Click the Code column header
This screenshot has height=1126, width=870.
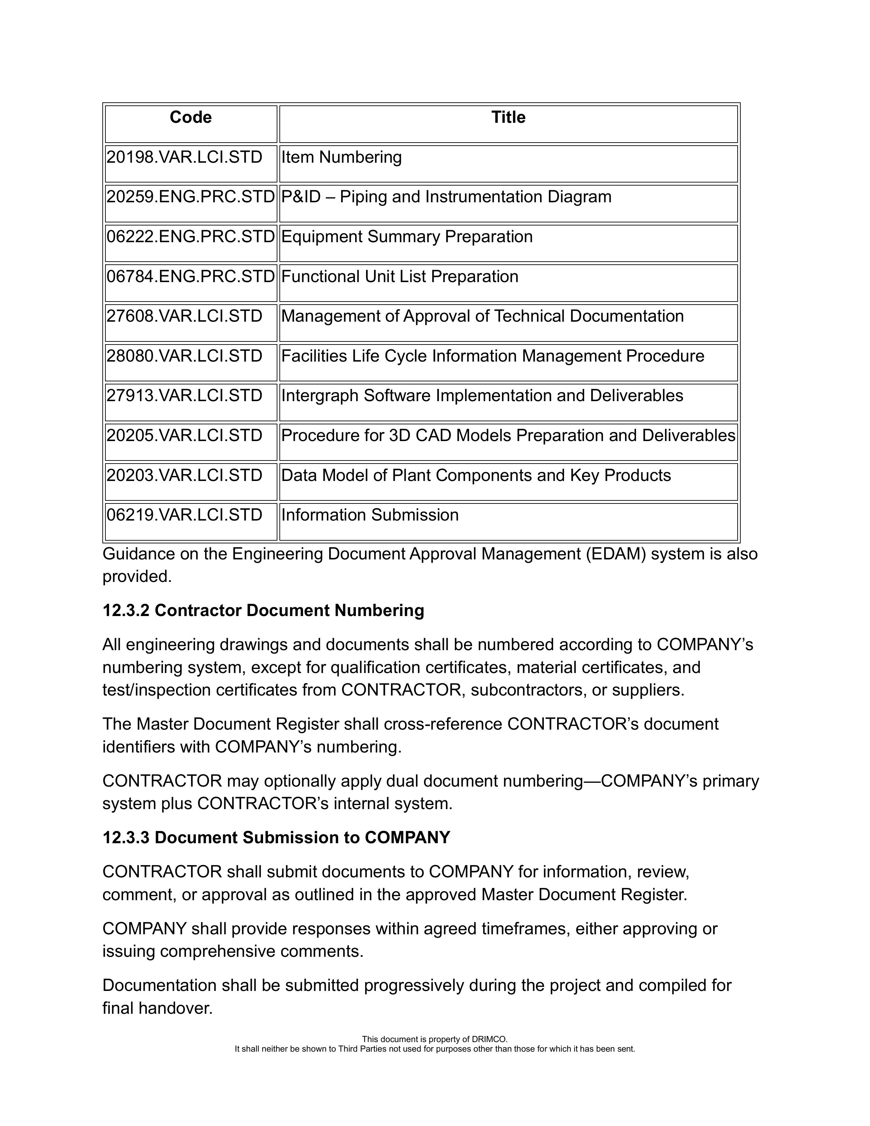click(x=190, y=118)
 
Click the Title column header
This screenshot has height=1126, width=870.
click(x=508, y=118)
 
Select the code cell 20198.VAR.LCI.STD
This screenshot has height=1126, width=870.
click(x=184, y=157)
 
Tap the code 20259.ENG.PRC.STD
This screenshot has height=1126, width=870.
click(x=190, y=197)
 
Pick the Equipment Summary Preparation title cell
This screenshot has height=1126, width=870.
click(x=407, y=237)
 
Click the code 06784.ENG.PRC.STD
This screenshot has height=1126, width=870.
click(x=190, y=277)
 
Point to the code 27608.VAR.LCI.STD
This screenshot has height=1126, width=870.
click(x=184, y=316)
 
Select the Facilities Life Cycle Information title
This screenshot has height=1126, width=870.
click(x=493, y=356)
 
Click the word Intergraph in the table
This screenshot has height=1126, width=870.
click(x=320, y=396)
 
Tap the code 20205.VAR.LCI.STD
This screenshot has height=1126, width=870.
click(x=184, y=436)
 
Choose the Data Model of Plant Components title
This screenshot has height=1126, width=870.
click(x=476, y=476)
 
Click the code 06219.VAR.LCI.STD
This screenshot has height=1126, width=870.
click(x=184, y=515)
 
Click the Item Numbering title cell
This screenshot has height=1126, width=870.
click(x=342, y=157)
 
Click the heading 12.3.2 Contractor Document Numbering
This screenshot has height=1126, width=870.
click(x=263, y=611)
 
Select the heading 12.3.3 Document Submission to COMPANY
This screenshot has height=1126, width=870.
click(x=276, y=838)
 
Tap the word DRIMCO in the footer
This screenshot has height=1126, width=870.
click(x=489, y=1039)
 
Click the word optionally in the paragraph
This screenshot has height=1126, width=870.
click(x=299, y=781)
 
